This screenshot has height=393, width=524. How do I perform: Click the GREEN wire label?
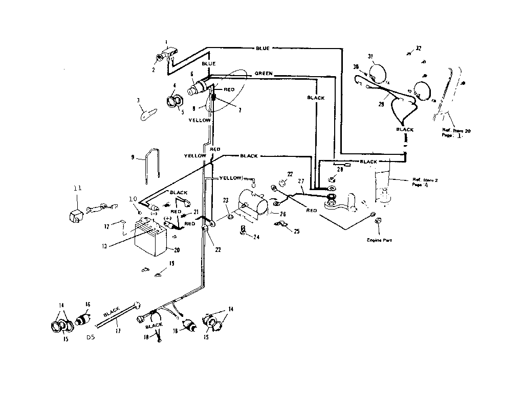tap(264, 74)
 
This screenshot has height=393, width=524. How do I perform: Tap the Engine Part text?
tap(379, 239)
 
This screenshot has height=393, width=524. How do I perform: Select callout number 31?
tap(370, 56)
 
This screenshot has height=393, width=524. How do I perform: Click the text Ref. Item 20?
tap(456, 131)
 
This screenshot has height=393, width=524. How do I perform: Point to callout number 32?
tap(419, 49)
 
